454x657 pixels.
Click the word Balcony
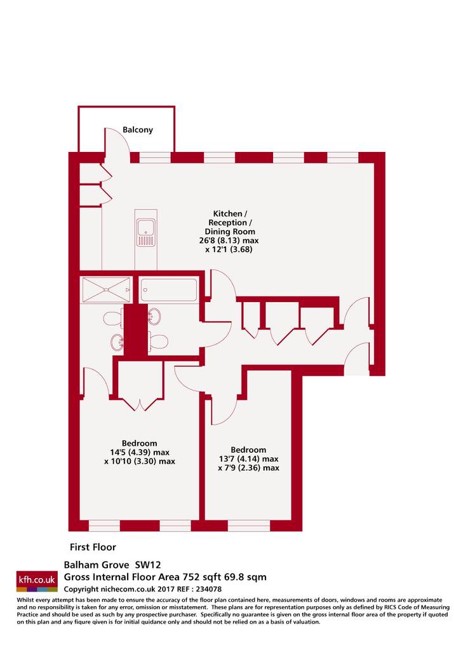[x=138, y=130]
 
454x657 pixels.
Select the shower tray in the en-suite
[x=107, y=289]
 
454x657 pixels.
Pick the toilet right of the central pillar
[x=158, y=342]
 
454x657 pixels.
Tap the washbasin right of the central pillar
[x=154, y=316]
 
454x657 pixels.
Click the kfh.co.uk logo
[x=37, y=580]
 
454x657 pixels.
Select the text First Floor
[x=93, y=547]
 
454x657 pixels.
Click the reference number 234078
[x=208, y=589]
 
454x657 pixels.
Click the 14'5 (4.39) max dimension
[x=140, y=453]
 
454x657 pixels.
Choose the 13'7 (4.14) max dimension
[x=248, y=459]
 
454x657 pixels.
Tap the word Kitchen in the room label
[x=227, y=214]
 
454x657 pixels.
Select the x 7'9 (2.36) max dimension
[x=248, y=468]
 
